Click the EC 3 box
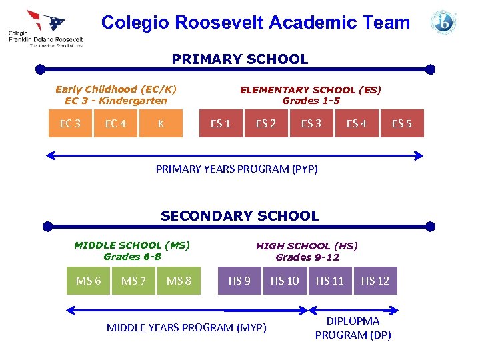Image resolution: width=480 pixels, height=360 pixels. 70,123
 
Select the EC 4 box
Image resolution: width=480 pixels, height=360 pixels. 115,123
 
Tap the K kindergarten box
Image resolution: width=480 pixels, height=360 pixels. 161,123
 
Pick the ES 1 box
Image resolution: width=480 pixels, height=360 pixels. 221,123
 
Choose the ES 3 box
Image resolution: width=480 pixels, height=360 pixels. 311,123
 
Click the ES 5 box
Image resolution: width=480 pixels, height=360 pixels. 402,123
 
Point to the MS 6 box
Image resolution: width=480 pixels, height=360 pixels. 89,281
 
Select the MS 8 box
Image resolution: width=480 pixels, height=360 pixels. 179,281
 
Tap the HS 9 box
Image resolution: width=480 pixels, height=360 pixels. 239,281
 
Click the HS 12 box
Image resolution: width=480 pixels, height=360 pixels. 375,281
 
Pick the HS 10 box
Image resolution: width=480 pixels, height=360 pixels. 285,281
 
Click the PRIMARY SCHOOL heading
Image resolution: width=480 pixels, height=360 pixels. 240,59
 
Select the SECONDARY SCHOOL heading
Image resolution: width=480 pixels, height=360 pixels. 240,216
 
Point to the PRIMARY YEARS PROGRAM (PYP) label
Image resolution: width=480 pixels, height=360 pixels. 237,169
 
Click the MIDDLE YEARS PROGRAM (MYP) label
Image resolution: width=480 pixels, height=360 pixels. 187,327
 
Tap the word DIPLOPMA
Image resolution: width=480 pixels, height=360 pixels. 353,321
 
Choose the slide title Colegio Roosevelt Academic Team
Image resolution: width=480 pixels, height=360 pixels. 255,23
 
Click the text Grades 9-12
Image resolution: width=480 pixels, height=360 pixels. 307,257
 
